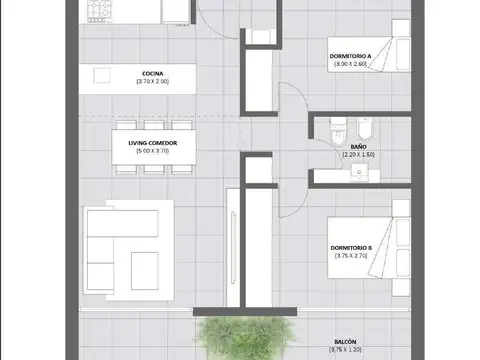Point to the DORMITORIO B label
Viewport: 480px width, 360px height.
(x=351, y=247)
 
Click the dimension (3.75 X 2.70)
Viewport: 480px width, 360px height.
(x=351, y=256)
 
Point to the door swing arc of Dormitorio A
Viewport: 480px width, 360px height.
(x=288, y=100)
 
